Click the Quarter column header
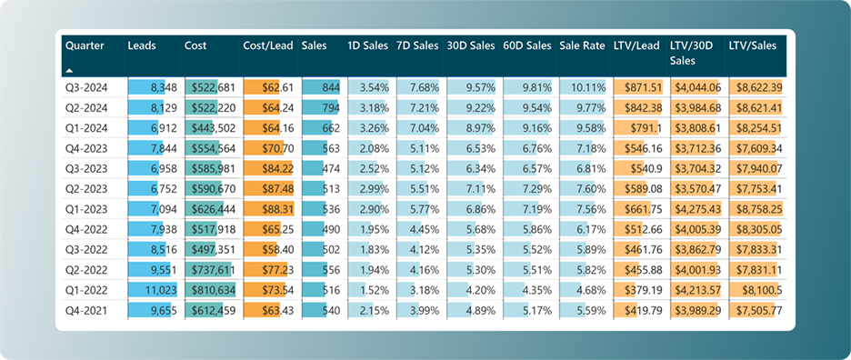click(85, 45)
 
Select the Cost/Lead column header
click(268, 45)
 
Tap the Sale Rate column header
click(582, 45)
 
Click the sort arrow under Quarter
click(70, 69)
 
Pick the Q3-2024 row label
click(85, 87)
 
